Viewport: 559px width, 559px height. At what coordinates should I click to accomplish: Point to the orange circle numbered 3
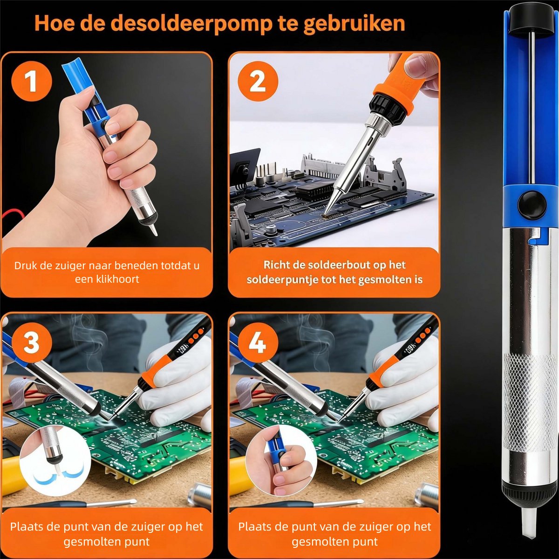coord(31,342)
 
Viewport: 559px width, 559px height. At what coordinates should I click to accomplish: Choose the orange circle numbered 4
coord(258,342)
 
